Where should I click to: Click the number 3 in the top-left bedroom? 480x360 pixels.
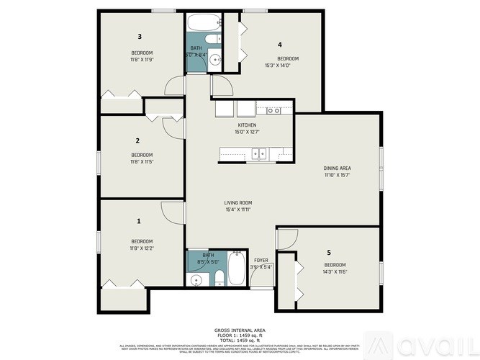pos(140,36)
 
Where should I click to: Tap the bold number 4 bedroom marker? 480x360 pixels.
pos(280,44)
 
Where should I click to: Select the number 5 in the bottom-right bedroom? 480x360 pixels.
pos(329,253)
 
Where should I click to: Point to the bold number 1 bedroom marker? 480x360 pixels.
pos(139,222)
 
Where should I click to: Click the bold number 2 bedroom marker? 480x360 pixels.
pos(137,140)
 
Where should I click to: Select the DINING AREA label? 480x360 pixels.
pos(337,168)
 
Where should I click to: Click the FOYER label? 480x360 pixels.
pos(261,260)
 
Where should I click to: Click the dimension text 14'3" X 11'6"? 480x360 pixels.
pos(335,271)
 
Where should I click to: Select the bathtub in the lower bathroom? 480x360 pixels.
pos(237,271)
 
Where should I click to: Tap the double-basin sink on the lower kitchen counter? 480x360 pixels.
pos(260,153)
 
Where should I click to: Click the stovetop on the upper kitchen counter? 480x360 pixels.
pos(273,110)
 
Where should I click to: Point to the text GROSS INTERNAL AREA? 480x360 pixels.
pos(240,330)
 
